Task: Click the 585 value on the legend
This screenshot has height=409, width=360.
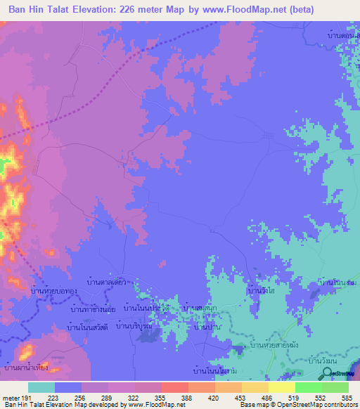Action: point(346,398)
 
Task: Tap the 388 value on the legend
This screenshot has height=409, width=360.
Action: point(187,398)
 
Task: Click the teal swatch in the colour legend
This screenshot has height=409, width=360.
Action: point(41,387)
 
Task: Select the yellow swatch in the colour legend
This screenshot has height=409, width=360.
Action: point(282,387)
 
